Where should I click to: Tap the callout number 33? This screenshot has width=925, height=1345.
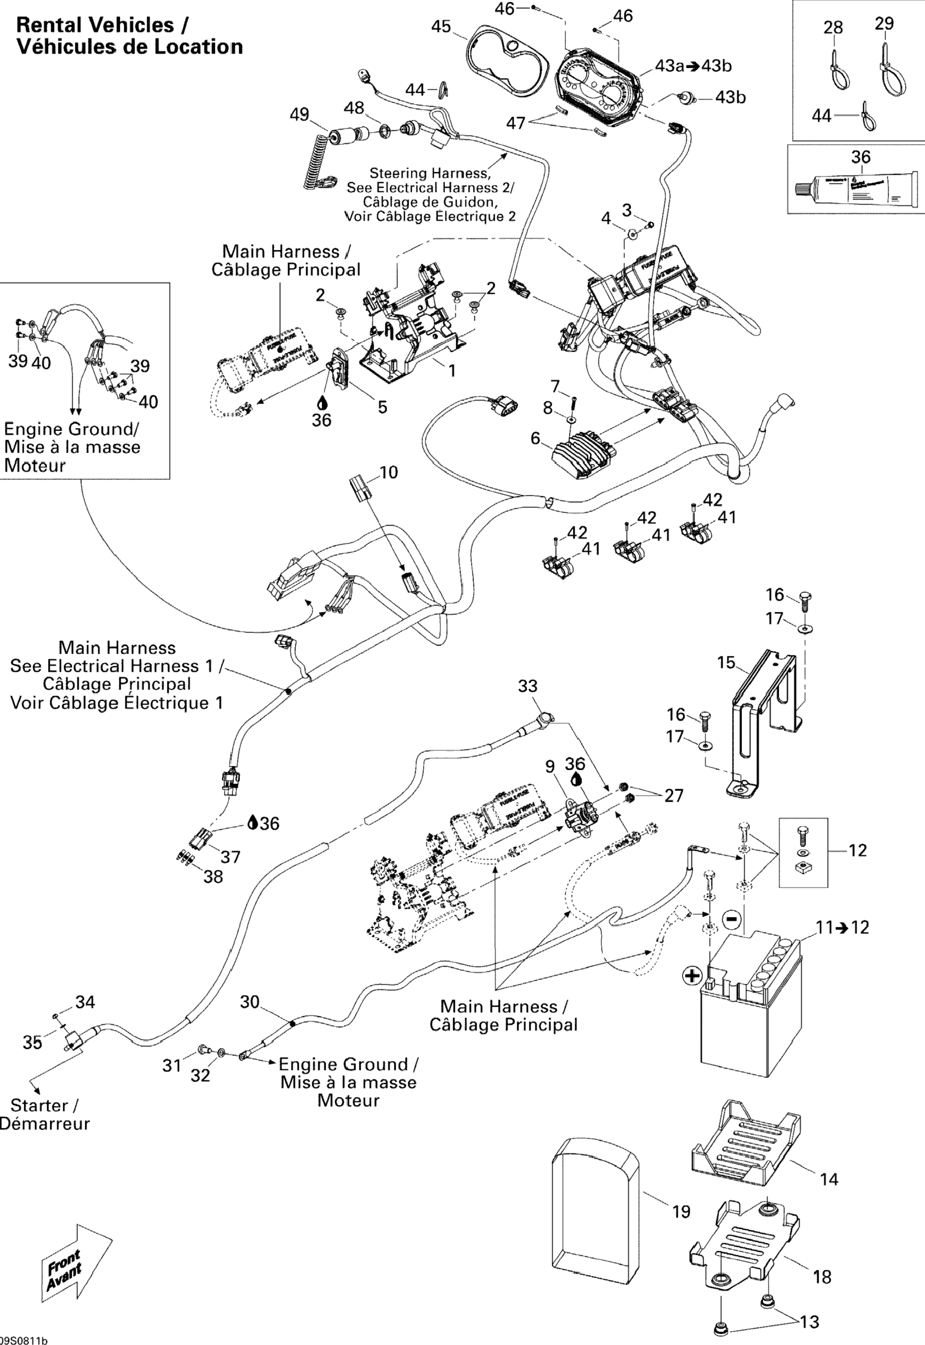[x=528, y=686]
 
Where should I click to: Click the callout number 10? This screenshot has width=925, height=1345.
[x=388, y=472]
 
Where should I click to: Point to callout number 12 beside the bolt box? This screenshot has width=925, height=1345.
[x=857, y=850]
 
